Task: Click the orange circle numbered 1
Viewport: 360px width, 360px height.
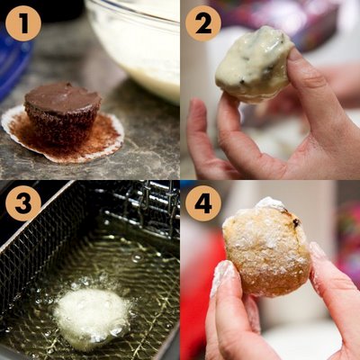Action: click(x=22, y=22)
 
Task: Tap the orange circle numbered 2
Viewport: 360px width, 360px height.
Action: click(x=203, y=22)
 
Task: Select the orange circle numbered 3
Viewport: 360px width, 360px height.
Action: click(x=22, y=203)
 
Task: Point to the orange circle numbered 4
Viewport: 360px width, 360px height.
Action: click(x=203, y=203)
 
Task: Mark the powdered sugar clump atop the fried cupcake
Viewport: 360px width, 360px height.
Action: click(x=268, y=205)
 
